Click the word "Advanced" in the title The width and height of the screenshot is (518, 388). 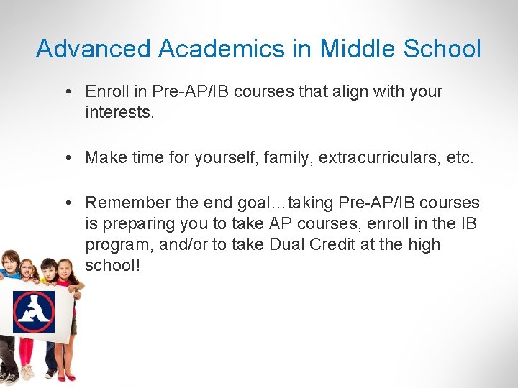click(93, 49)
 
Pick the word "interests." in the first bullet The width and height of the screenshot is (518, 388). click(119, 112)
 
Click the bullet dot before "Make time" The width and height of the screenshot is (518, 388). click(66, 158)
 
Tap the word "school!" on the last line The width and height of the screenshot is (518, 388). click(112, 265)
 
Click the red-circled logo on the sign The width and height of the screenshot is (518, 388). click(33, 310)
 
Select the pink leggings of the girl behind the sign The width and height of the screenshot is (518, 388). click(27, 352)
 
